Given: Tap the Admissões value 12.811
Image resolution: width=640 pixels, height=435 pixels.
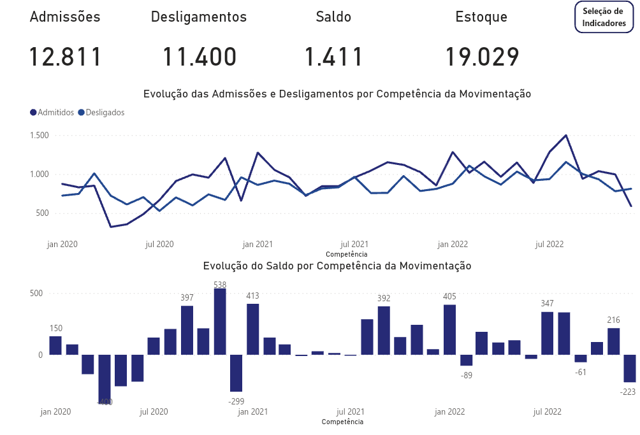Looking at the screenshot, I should pyautogui.click(x=66, y=57).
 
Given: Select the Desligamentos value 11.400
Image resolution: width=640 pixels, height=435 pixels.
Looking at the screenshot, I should pyautogui.click(x=199, y=57).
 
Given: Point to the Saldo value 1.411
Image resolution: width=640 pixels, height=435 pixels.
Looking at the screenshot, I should pyautogui.click(x=333, y=57).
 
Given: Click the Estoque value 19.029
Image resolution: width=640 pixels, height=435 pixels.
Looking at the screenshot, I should pyautogui.click(x=482, y=57).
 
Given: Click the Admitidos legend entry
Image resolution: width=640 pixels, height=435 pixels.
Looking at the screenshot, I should pyautogui.click(x=52, y=112).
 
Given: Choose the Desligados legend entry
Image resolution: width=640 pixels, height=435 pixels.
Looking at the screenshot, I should pyautogui.click(x=101, y=112).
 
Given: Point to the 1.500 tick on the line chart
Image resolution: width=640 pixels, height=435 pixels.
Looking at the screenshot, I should pyautogui.click(x=40, y=136).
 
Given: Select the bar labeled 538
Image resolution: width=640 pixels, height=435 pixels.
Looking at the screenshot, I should pyautogui.click(x=220, y=322).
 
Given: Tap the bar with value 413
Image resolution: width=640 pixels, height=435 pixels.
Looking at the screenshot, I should pyautogui.click(x=253, y=329).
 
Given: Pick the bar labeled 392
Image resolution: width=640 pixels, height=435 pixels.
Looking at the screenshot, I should pyautogui.click(x=384, y=330).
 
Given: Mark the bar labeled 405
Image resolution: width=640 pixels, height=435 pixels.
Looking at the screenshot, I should pyautogui.click(x=450, y=329).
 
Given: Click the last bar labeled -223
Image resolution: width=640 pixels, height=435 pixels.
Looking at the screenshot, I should pyautogui.click(x=630, y=368).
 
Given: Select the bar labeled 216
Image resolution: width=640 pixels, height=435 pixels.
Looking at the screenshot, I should pyautogui.click(x=614, y=341).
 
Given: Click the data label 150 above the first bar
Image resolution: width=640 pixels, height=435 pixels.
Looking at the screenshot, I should pyautogui.click(x=56, y=328).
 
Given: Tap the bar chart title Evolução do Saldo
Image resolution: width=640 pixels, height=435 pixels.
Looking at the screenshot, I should pyautogui.click(x=337, y=266).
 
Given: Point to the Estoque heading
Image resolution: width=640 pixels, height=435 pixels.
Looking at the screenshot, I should pyautogui.click(x=481, y=17).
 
